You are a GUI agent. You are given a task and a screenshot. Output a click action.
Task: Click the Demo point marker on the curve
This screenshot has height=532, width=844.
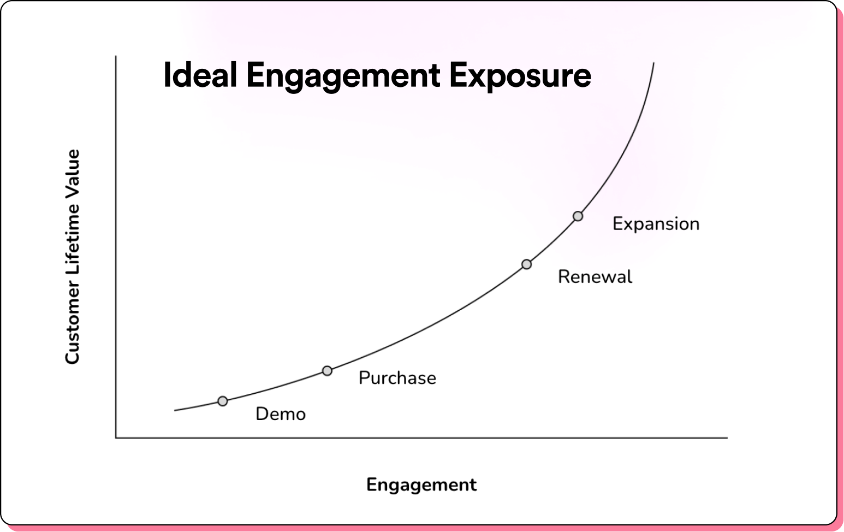pos(223,401)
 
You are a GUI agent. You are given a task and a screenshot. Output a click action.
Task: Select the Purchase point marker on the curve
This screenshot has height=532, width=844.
pos(328,371)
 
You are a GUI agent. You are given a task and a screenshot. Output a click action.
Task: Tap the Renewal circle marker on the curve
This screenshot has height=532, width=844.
pos(527,264)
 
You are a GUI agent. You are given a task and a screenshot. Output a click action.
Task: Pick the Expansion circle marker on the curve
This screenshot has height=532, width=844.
pos(578,216)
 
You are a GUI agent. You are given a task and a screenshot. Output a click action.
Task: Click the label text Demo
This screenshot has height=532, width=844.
pos(281,414)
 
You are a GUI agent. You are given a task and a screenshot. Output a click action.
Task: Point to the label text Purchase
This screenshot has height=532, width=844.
pos(397,378)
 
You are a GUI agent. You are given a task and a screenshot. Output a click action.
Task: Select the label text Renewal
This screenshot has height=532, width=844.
pos(595,277)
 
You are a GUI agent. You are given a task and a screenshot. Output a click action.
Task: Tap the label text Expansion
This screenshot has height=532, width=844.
pos(656,224)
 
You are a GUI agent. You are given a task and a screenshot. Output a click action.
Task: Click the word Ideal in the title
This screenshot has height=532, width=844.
pos(200,75)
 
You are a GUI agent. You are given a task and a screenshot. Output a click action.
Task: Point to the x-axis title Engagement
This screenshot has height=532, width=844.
pos(421,485)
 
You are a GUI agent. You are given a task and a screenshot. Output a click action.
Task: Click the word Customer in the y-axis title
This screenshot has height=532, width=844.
pos(72,322)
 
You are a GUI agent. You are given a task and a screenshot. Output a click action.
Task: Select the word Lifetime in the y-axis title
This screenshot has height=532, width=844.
pos(72,239)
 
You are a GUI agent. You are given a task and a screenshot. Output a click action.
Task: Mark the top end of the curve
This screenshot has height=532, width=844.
pos(653,63)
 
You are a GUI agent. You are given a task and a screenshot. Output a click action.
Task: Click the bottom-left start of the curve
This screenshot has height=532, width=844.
pos(175,410)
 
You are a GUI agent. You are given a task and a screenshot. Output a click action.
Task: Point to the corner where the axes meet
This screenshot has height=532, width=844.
pos(116,438)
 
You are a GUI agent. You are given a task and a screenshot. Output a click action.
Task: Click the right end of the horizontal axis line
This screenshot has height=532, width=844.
pos(727,438)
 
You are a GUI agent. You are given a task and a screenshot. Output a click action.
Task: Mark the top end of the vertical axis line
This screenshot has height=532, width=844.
pos(116,56)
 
